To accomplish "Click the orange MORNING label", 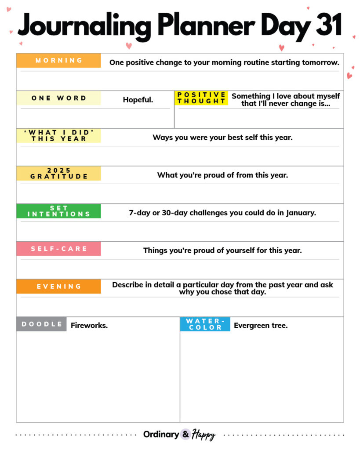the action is pos(58,61).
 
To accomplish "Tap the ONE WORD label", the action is pos(58,98).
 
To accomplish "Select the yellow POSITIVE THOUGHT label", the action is pos(201,98).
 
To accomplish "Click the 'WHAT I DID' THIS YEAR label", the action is pos(58,135).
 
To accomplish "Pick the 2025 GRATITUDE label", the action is pos(58,173).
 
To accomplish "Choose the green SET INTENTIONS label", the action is pos(58,211).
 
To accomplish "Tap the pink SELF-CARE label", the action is pos(58,249).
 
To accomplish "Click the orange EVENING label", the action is pos(58,286).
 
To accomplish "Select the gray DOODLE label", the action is pos(42,324).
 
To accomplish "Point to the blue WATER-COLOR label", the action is pos(205,324).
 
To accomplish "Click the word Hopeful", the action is pos(138,100).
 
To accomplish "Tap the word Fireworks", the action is pos(89,326).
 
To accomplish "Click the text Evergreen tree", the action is pos(261,326).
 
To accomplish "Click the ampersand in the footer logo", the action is pos(185,434).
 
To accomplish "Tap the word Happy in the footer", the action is pos(204,435).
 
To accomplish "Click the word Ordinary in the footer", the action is pos(161,435).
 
